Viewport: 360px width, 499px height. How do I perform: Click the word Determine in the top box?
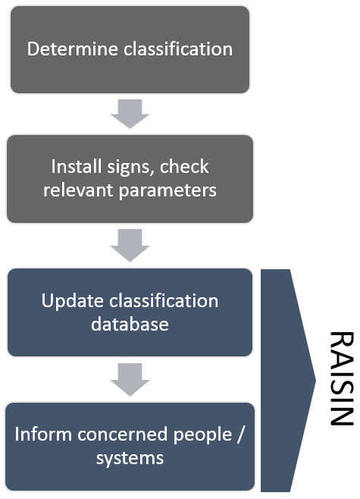[x=73, y=49]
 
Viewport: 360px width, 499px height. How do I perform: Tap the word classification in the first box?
[x=178, y=49]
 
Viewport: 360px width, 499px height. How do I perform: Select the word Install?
[x=77, y=166]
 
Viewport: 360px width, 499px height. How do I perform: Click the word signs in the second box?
[x=130, y=168]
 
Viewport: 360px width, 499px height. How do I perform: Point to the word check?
[x=184, y=166]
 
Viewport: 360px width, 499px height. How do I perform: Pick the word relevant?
[x=78, y=190]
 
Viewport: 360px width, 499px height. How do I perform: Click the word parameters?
[x=167, y=191]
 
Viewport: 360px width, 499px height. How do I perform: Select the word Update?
[x=72, y=302]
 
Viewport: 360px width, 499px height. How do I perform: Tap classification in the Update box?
[x=164, y=300]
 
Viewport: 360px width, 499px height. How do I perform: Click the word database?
[x=130, y=324]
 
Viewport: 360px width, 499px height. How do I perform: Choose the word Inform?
[x=43, y=434]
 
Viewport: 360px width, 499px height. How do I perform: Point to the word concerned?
[x=123, y=434]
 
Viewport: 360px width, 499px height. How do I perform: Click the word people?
[x=202, y=435]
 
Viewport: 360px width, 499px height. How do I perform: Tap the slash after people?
[x=241, y=435]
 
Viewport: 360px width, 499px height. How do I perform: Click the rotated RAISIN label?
[x=342, y=378]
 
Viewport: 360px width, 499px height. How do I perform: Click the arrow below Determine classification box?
[x=130, y=114]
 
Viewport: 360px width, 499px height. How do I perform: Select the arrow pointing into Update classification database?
[x=130, y=246]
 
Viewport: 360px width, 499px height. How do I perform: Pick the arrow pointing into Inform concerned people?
[x=130, y=380]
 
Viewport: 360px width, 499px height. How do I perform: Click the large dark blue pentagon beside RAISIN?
[x=283, y=381]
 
